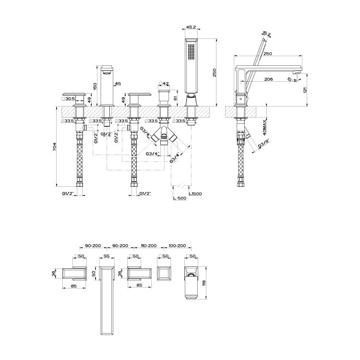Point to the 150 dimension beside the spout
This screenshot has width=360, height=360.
click(95, 85)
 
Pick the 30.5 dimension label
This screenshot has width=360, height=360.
click(70, 99)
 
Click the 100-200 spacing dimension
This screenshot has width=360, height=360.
click(177, 245)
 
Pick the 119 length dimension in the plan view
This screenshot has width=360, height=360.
click(204, 283)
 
